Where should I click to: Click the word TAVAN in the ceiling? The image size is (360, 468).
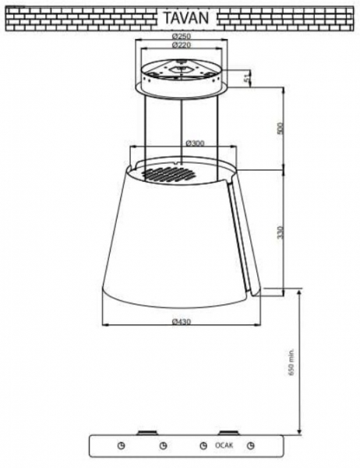click(x=185, y=18)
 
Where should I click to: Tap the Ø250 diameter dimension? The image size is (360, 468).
click(x=182, y=37)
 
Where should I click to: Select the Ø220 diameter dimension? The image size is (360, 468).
click(x=182, y=45)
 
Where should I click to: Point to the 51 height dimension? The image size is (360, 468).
click(x=246, y=79)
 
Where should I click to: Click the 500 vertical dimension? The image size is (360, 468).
click(x=280, y=128)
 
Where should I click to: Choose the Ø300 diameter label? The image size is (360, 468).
click(x=195, y=144)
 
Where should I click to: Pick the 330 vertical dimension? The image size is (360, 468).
click(x=280, y=232)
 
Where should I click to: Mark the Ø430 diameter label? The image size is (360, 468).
click(x=182, y=321)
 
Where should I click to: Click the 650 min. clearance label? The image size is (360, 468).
click(x=291, y=362)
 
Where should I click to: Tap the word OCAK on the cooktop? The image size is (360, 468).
click(x=224, y=445)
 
